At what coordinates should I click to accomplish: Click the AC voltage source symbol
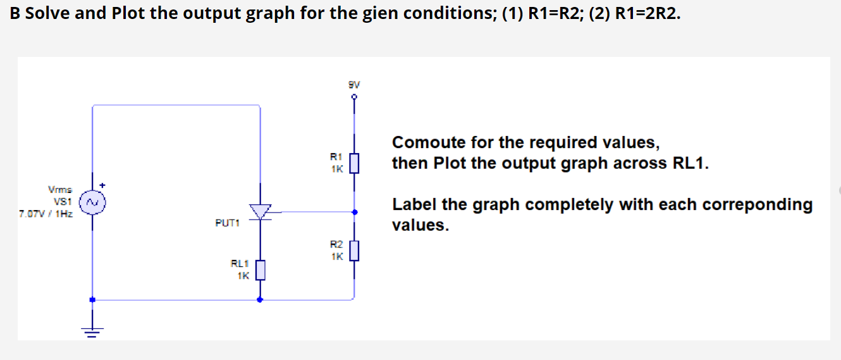pos(92,202)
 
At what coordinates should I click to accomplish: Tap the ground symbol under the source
pos(92,330)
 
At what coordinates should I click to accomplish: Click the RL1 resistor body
pos(260,271)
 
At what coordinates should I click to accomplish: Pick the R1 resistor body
pos(354,163)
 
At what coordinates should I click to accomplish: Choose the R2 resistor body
pos(354,251)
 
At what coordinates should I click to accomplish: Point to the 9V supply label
pos(354,84)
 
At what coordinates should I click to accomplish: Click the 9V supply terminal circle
pos(354,97)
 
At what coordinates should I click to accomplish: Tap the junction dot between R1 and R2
pos(354,212)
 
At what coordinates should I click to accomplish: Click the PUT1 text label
pos(228,223)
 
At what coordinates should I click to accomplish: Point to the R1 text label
pos(336,156)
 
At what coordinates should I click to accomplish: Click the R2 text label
pos(336,244)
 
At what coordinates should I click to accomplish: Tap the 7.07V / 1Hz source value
pos(46,214)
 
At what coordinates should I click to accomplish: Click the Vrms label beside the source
pos(61,189)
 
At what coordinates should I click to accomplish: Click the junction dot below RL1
pos(260,300)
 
